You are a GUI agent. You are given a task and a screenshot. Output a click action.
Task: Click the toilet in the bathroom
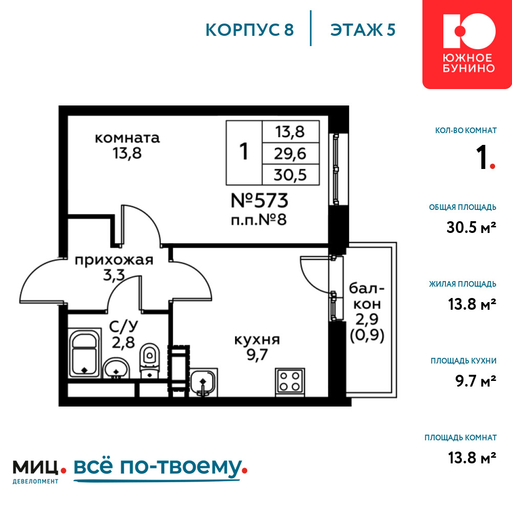[x=150, y=360]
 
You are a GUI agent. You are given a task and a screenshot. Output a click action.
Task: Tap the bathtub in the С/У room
[x=84, y=353]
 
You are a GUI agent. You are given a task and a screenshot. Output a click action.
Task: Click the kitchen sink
[x=203, y=382]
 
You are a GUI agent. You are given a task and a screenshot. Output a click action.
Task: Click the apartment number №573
[x=260, y=200]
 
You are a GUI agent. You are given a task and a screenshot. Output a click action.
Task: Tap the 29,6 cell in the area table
[x=290, y=154]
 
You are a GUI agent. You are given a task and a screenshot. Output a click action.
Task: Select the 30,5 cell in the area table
[x=290, y=175]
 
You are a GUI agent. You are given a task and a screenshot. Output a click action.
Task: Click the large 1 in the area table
[x=244, y=152]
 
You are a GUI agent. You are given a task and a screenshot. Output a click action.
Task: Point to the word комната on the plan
[x=127, y=138]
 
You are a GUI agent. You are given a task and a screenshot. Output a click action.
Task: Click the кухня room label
[x=258, y=340]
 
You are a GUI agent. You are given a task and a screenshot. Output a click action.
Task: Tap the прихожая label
[x=114, y=260]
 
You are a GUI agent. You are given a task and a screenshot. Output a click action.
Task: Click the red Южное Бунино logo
[x=467, y=44]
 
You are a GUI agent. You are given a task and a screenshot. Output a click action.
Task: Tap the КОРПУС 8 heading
[x=250, y=30]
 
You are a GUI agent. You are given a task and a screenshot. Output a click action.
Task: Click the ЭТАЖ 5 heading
[x=363, y=30]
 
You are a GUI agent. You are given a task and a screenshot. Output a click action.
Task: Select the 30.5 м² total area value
[x=471, y=227]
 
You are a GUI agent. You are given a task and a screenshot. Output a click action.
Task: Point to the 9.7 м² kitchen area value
[x=476, y=381]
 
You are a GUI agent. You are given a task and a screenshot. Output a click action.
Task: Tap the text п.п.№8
[x=259, y=220]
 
